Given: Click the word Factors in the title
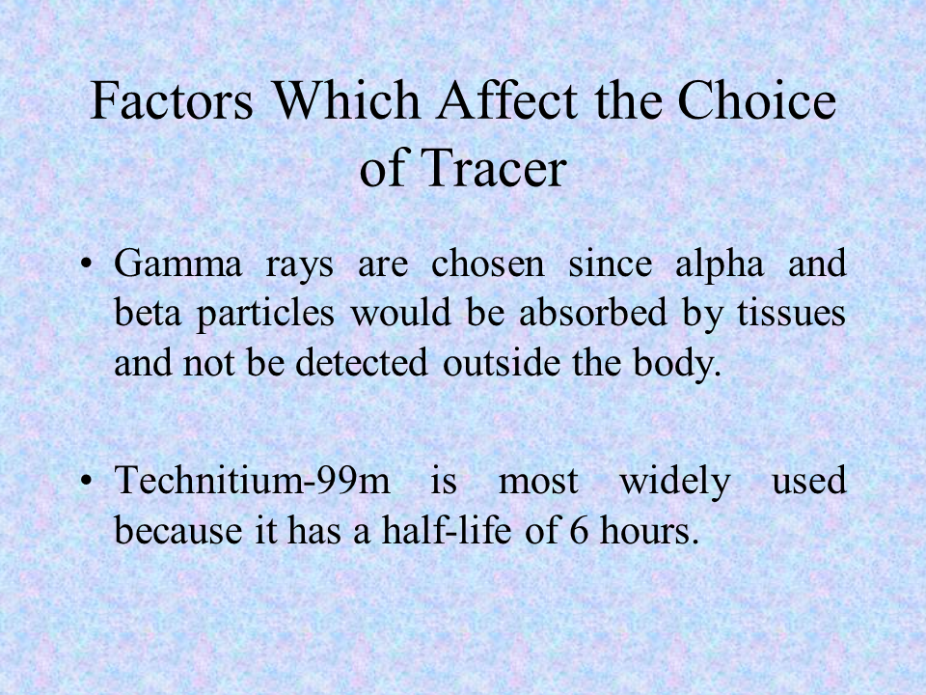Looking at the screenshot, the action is click(172, 99).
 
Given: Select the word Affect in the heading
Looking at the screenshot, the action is click(506, 99).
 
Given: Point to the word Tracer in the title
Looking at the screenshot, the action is click(494, 168).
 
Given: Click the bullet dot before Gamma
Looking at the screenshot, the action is click(86, 264).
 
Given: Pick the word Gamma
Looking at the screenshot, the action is click(177, 264).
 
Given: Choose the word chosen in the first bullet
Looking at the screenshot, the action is click(488, 264).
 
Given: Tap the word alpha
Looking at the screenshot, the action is click(720, 264).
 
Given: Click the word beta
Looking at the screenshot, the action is click(147, 313).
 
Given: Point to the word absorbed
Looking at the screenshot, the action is click(593, 313).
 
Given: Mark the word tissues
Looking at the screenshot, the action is click(791, 313).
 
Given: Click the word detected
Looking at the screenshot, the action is click(362, 362).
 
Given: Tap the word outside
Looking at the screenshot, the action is click(502, 362).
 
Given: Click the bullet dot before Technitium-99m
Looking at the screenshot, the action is click(86, 481).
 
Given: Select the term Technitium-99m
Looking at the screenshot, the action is click(252, 480).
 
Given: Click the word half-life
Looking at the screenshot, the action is click(447, 530).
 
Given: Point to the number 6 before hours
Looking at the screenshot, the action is click(579, 530).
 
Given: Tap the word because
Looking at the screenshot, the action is click(177, 530).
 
